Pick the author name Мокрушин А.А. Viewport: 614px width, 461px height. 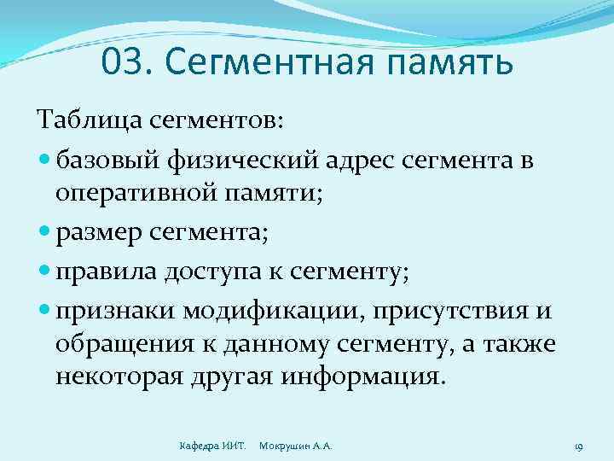(295, 446)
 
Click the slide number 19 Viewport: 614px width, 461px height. (577, 446)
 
